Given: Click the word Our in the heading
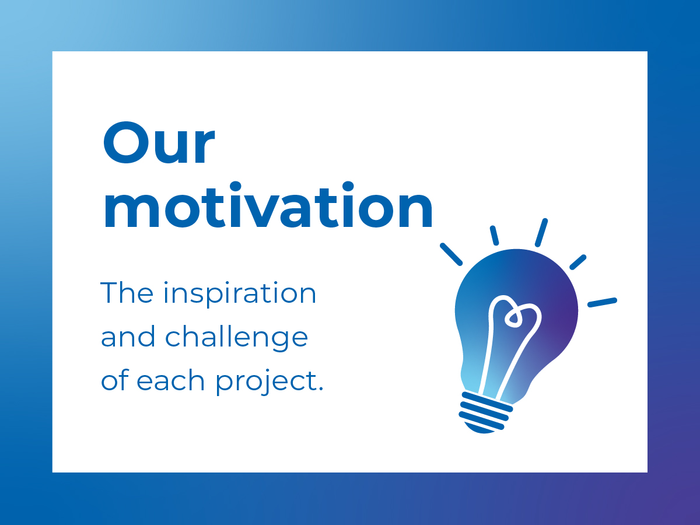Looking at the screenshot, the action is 159,142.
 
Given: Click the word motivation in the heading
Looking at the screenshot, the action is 268,205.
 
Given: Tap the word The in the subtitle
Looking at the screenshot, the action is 127,292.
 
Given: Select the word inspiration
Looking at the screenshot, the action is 240,295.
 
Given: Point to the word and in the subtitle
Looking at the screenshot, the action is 128,336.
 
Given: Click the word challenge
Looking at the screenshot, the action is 236,338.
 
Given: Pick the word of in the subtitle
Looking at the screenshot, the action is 115,379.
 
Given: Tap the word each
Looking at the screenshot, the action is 170,379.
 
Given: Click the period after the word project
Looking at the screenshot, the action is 320,388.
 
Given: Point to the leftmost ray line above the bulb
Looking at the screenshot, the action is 451,254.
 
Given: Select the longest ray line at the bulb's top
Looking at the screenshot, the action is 541,233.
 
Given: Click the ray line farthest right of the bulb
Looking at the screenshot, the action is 603,302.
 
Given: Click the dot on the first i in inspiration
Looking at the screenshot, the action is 166,283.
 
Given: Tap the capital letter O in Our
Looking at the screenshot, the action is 127,142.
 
